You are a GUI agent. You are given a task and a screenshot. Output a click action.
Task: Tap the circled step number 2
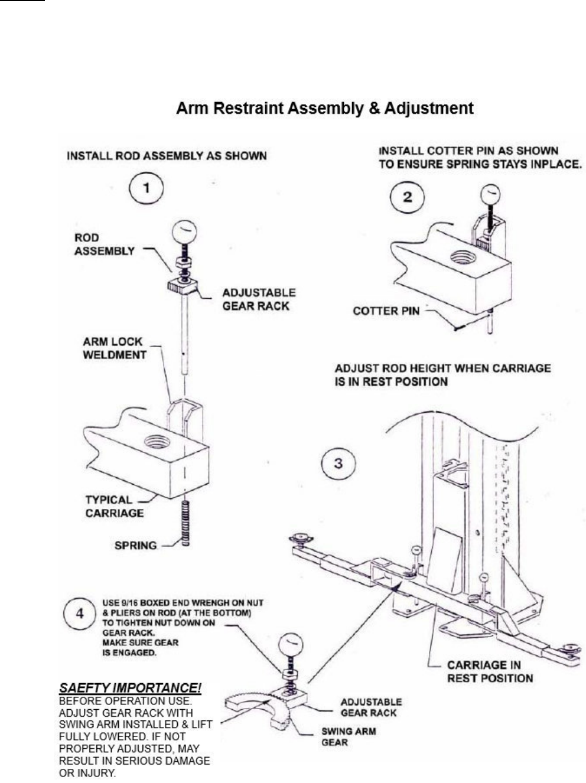click(407, 197)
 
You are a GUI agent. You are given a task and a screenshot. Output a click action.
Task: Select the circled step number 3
click(338, 464)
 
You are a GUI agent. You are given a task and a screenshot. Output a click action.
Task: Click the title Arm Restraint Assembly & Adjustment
click(325, 108)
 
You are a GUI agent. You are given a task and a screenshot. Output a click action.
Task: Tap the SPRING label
click(136, 546)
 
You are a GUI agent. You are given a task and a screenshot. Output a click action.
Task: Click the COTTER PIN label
click(386, 311)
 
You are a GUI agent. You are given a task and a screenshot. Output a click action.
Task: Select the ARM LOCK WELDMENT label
click(115, 348)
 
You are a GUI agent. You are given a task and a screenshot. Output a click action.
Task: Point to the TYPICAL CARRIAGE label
click(114, 506)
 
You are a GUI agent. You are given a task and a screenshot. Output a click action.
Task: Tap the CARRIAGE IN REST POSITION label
click(490, 672)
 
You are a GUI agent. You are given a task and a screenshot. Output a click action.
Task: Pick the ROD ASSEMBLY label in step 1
click(104, 244)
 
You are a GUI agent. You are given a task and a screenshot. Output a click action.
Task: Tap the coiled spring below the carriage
click(185, 524)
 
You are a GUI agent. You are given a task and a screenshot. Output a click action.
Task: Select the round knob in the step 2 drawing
click(490, 195)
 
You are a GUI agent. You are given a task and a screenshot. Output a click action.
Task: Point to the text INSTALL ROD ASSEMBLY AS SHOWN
click(167, 156)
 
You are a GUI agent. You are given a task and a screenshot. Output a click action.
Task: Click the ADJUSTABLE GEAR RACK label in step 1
click(259, 299)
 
